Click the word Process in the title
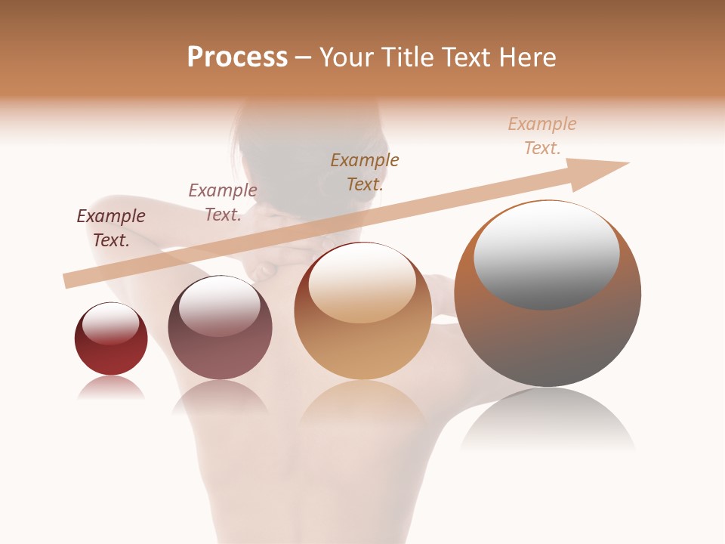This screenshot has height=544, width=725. pos(237,57)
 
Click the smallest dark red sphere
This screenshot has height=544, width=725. pos(111,339)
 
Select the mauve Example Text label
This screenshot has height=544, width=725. pos(223,202)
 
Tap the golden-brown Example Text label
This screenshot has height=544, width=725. pos(365,172)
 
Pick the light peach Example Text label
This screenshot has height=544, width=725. pos(542,136)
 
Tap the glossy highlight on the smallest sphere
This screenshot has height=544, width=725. pos(110,323)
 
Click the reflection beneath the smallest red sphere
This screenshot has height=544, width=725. pos(111,388)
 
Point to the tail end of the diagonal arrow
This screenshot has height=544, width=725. pos(69,281)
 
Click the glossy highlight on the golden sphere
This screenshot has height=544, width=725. pos(362,283)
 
